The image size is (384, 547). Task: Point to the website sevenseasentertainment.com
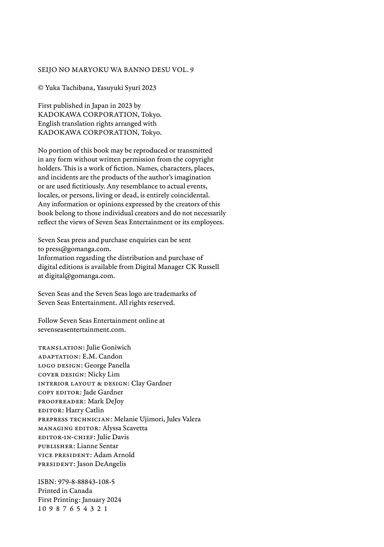pos(82,330)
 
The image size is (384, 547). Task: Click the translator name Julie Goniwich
pos(109,347)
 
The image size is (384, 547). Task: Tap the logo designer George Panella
pos(107,365)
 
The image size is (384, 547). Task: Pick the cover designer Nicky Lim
pos(104,374)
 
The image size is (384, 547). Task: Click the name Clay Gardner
pos(151,383)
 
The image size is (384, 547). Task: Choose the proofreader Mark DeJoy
pos(106,401)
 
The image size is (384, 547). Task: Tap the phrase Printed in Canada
pos(65,491)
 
